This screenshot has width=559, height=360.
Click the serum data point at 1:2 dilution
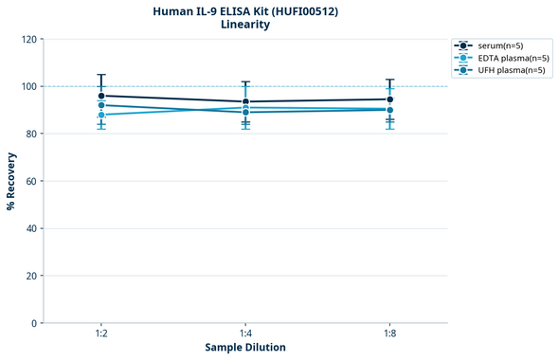(x=101, y=96)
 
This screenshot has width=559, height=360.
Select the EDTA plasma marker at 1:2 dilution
(x=101, y=115)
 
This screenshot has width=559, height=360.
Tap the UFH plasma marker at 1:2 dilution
(x=101, y=105)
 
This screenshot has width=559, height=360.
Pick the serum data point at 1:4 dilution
(x=245, y=101)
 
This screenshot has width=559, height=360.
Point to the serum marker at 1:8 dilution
(x=389, y=99)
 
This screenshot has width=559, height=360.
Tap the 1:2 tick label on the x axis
(x=101, y=333)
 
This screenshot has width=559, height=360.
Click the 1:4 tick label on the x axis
(x=245, y=333)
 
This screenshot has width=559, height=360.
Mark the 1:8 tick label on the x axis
(x=389, y=333)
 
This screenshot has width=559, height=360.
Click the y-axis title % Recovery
(x=11, y=180)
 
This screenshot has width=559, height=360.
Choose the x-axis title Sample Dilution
(x=245, y=348)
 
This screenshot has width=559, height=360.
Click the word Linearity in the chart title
(x=245, y=25)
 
